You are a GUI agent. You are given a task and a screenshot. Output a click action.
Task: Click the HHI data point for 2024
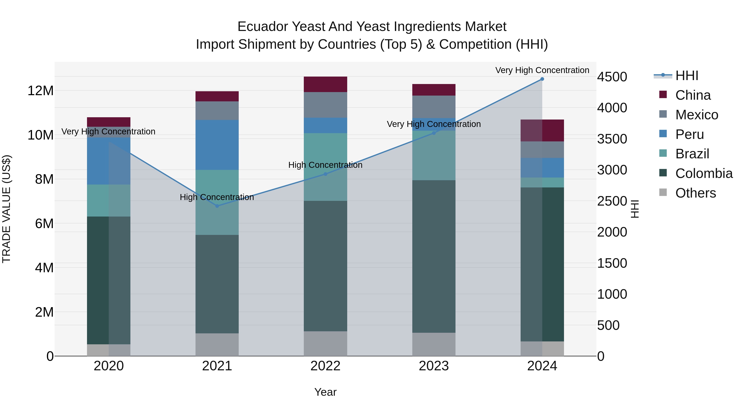point(542,79)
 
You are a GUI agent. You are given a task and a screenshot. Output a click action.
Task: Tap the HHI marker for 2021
point(217,206)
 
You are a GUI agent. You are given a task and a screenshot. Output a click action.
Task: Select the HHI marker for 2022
point(325,174)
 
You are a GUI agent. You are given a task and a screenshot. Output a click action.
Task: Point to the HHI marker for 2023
point(434,133)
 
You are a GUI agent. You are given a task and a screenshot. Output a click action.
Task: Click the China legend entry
point(693,95)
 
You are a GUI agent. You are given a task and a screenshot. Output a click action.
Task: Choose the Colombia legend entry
point(703,173)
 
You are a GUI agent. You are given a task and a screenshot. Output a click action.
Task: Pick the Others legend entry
point(695,193)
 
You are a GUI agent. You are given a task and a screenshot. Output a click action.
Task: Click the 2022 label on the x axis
point(325,366)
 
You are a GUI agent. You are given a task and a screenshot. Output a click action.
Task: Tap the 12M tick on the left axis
point(41,91)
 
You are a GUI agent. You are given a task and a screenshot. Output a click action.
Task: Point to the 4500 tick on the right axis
point(612,77)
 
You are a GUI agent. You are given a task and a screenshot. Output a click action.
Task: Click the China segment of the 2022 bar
point(325,84)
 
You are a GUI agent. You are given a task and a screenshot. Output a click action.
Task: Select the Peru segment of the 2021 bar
point(217,145)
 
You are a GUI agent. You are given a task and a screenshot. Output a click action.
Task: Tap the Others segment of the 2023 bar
point(434,344)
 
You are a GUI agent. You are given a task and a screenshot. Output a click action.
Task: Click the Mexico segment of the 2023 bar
point(434,107)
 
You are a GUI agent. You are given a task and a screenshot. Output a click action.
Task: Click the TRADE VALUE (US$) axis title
point(6,209)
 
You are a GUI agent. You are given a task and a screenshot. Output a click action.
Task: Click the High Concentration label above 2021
point(217,197)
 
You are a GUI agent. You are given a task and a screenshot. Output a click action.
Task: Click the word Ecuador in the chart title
point(262,27)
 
